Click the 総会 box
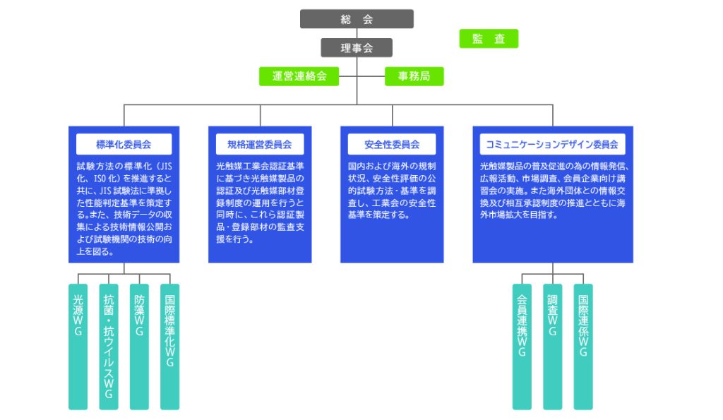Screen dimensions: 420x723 357,19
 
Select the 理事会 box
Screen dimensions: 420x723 357,48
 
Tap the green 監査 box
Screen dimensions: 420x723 489,39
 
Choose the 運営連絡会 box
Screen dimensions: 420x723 299,76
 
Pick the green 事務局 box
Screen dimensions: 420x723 414,76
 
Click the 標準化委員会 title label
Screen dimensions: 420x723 124,145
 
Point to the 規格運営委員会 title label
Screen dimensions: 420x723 260,145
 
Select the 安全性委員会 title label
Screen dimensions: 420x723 392,145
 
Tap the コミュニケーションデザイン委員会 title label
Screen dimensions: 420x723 553,145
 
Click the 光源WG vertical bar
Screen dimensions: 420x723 78,346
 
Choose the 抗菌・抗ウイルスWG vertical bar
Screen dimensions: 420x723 109,346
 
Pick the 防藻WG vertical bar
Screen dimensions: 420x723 139,346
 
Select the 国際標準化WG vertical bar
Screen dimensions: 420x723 169,346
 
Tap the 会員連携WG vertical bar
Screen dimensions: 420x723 522,346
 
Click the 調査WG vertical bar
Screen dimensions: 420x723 552,346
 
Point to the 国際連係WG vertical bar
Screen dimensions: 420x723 582,346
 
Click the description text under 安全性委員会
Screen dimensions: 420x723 392,191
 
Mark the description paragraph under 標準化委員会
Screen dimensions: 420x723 124,208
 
